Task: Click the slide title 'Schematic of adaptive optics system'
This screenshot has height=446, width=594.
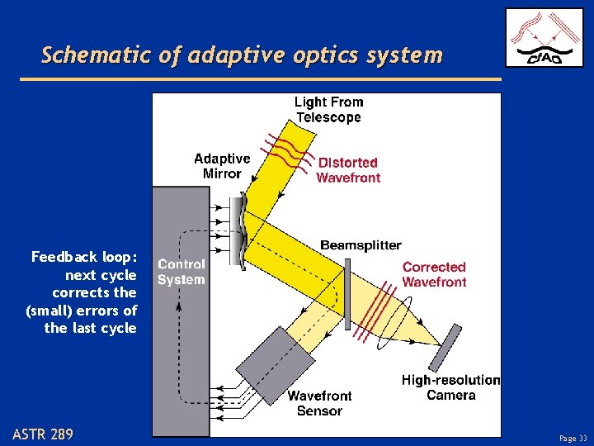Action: point(242,55)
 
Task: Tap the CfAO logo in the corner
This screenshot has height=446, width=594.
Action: point(544,37)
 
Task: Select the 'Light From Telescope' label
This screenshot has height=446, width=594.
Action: point(328,110)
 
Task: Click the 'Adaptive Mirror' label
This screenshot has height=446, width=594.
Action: point(222,166)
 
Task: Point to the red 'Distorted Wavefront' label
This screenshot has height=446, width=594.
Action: point(348,170)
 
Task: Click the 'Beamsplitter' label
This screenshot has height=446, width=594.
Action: point(361,245)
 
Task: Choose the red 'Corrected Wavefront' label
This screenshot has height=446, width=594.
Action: point(434,274)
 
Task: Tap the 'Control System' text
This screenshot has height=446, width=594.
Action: point(181,272)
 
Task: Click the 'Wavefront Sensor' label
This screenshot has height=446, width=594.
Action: point(319,403)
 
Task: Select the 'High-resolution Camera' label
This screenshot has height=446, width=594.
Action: point(450,387)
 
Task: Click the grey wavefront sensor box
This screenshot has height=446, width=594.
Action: point(275,362)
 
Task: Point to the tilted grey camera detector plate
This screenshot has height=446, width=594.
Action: point(444,348)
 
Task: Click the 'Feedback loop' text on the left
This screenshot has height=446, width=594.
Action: point(82,292)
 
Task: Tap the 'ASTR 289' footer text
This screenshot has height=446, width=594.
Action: point(43,434)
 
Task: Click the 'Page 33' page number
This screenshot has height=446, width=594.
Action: point(573,439)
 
